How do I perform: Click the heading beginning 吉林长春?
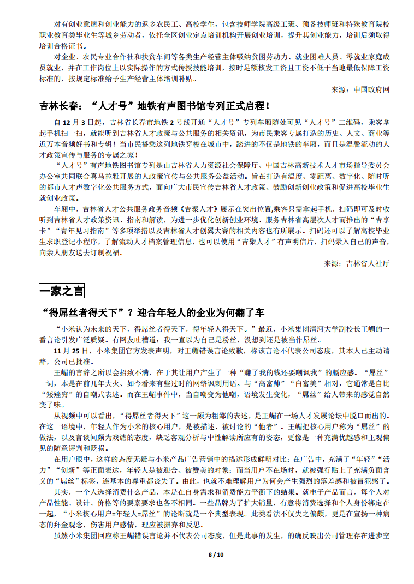coord(155,106)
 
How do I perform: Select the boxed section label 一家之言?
coord(62,291)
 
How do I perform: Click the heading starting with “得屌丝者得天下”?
coord(152,312)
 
